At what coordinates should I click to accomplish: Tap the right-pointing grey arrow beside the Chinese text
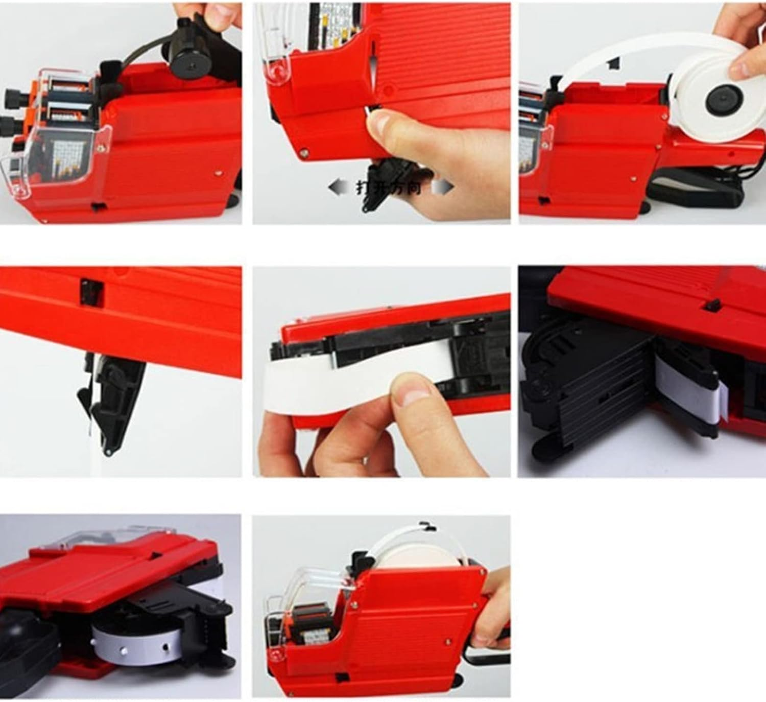(x=443, y=188)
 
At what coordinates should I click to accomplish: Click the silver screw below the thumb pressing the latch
(x=304, y=151)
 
